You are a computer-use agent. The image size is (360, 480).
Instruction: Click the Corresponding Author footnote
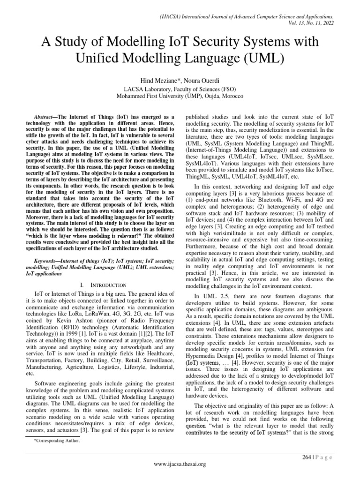coord(54,441)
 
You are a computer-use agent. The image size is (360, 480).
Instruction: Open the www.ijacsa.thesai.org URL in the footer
coord(180,464)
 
